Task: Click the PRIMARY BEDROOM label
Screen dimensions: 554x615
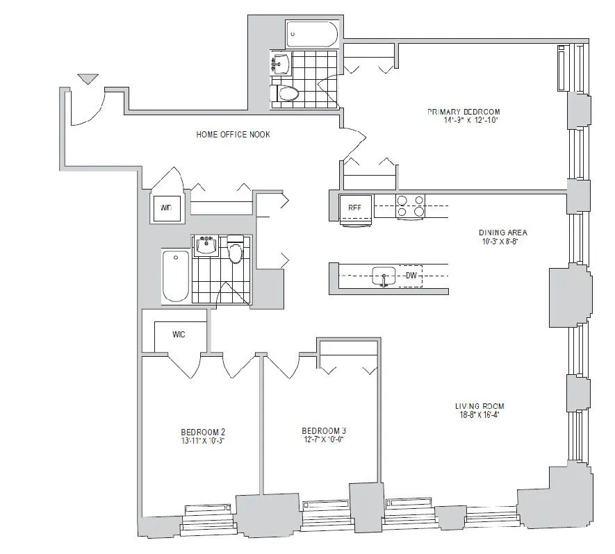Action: pyautogui.click(x=464, y=112)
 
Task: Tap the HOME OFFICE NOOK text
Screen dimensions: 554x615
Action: pyautogui.click(x=233, y=134)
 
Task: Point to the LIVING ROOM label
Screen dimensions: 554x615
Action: pyautogui.click(x=479, y=406)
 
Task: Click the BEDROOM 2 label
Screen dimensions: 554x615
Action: pyautogui.click(x=203, y=431)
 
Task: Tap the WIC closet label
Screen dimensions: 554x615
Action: pyautogui.click(x=178, y=334)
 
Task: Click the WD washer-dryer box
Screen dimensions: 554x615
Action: pyautogui.click(x=167, y=208)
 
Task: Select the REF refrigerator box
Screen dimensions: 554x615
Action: pyautogui.click(x=354, y=207)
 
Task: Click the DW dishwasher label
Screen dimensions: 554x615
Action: pyautogui.click(x=412, y=276)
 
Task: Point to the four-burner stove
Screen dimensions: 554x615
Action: pyautogui.click(x=410, y=206)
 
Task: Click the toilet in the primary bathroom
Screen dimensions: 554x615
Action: pyautogui.click(x=286, y=93)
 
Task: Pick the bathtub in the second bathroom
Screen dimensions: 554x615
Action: pyautogui.click(x=175, y=276)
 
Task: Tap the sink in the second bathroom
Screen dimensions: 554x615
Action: pyautogui.click(x=206, y=245)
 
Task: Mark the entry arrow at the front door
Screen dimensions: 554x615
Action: pyautogui.click(x=88, y=78)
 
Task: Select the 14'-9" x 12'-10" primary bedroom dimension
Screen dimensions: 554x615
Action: pyautogui.click(x=464, y=120)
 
